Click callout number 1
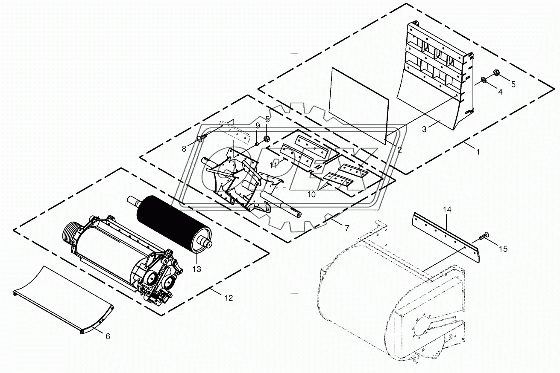(x=478, y=151)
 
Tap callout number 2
(x=399, y=150)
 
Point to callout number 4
(x=500, y=91)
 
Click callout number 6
(x=108, y=336)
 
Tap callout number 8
(x=184, y=149)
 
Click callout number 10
(x=311, y=194)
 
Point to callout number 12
(x=229, y=298)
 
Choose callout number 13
(x=197, y=269)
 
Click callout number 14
(x=447, y=210)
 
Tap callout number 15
(x=504, y=249)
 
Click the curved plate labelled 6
(x=64, y=298)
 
